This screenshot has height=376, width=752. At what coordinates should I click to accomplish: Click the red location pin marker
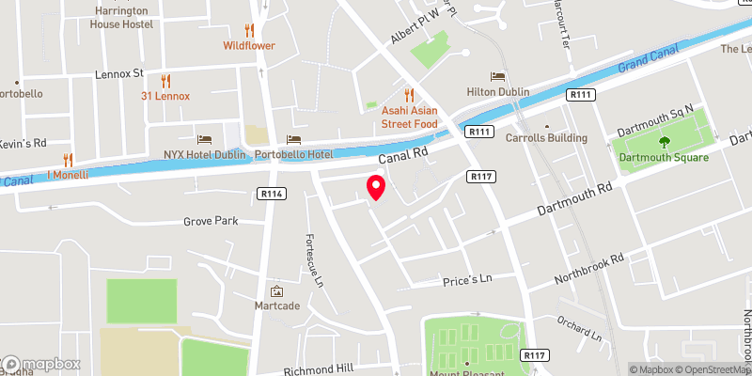coord(375,187)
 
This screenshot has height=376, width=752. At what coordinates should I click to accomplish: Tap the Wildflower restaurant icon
coord(249,30)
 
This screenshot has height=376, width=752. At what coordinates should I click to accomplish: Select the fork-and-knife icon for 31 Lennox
coord(165,81)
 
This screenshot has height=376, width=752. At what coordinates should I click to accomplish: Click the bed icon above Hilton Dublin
coord(497,76)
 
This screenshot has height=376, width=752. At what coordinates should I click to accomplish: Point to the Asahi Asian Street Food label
coord(408,116)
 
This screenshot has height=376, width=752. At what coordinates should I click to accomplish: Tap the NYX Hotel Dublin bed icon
coord(202,138)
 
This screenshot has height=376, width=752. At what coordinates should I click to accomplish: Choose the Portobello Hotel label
coord(293,154)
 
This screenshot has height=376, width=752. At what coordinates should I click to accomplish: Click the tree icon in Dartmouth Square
coord(665,142)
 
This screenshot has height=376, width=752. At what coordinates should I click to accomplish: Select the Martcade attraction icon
coord(276,291)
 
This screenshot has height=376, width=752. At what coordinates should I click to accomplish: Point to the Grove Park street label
coord(211,222)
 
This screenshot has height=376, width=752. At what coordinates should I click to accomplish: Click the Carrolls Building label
coord(546,138)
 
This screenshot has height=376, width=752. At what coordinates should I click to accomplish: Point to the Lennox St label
coord(118,72)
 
